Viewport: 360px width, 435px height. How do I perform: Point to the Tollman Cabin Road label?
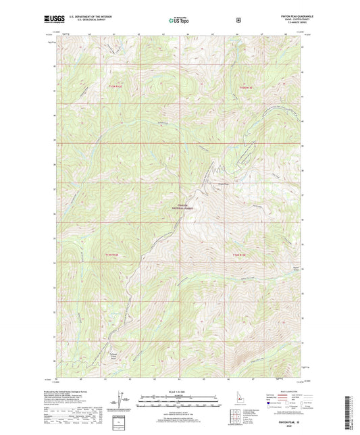(115, 354)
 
